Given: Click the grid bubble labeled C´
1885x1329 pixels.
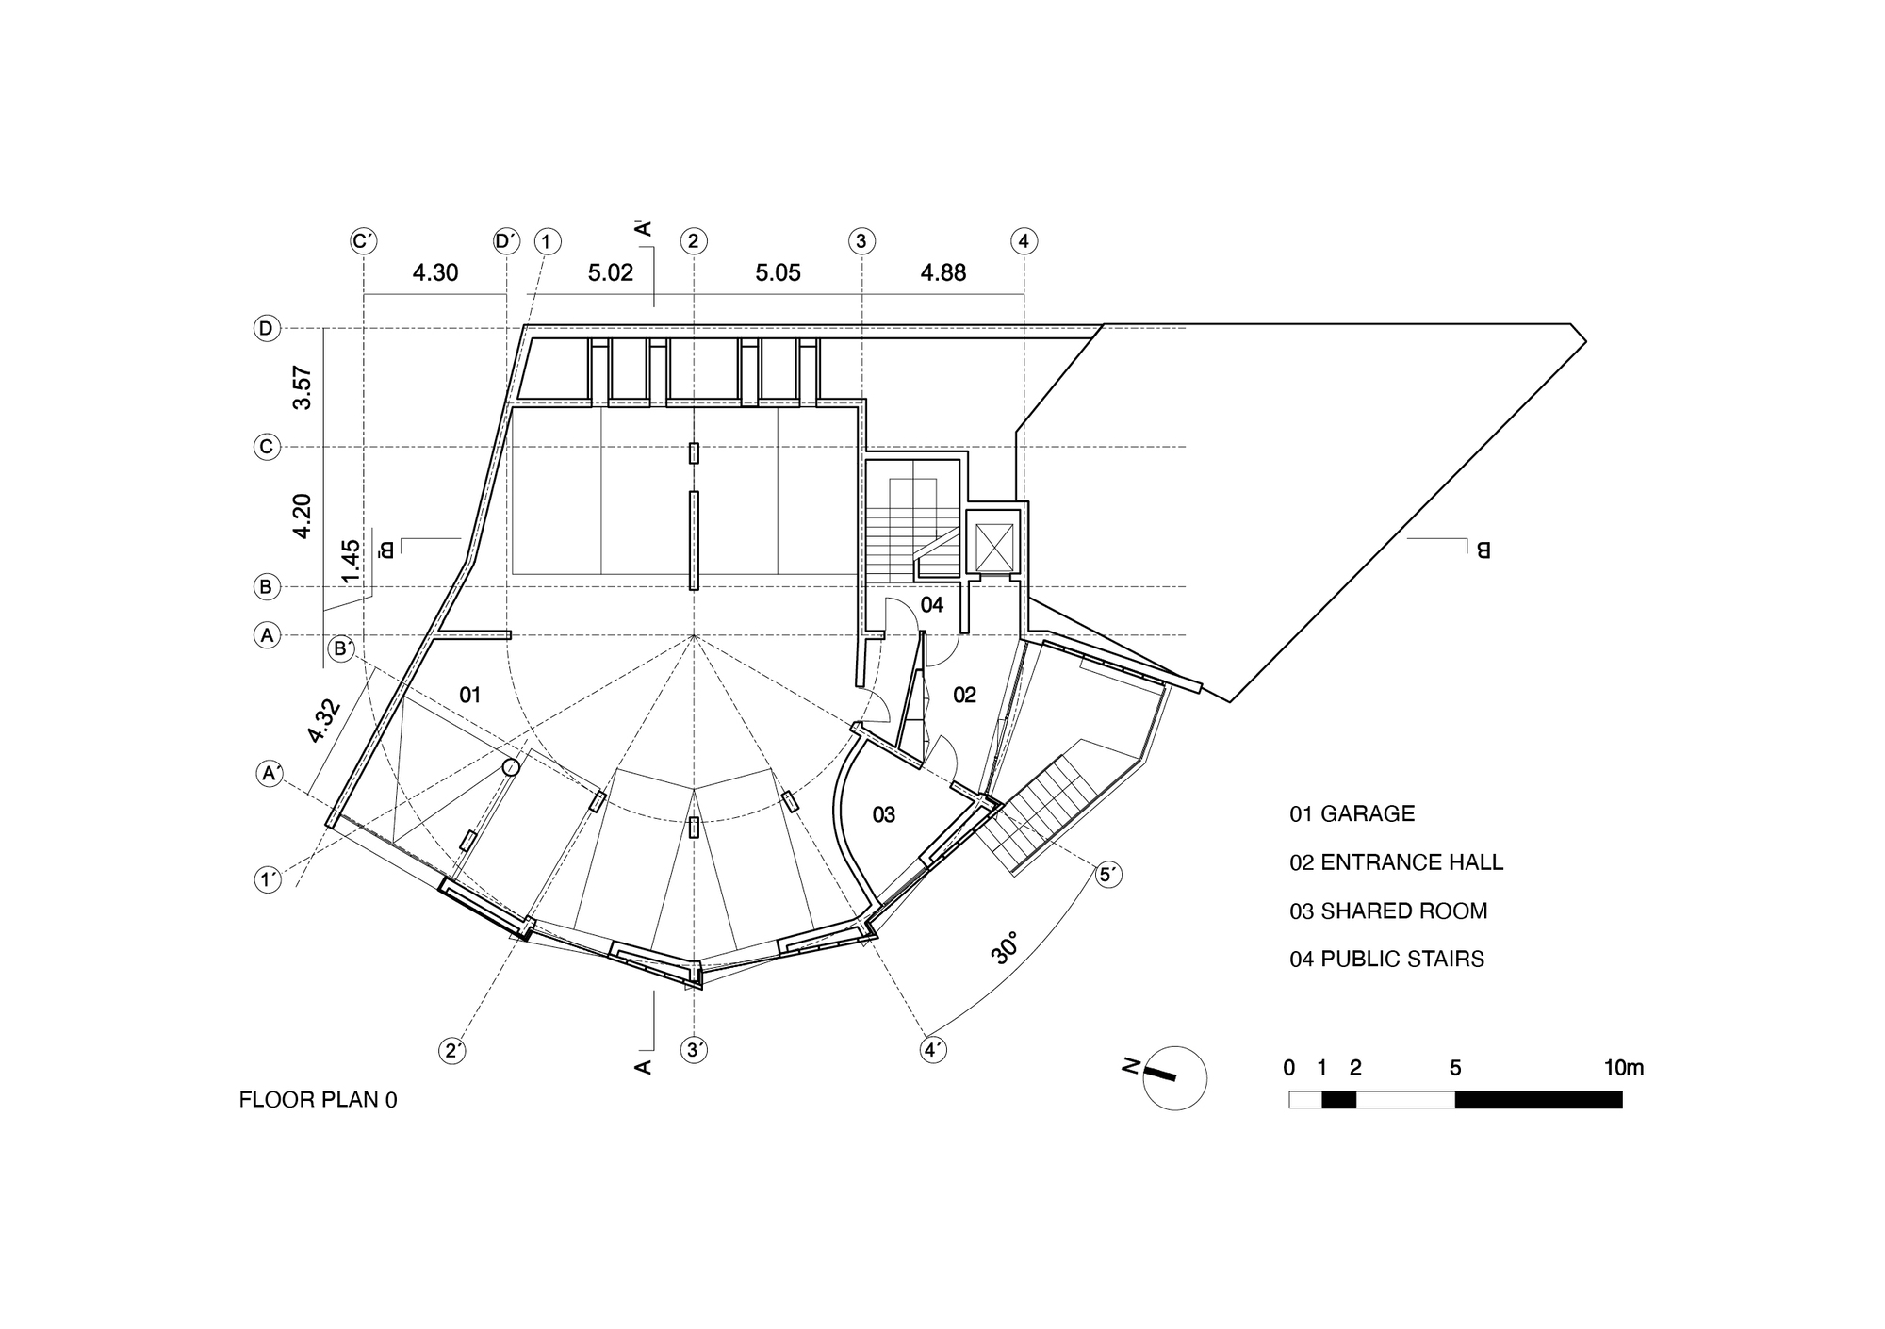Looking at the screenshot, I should [364, 241].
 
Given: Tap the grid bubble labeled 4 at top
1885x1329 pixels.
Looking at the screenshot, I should [1024, 241].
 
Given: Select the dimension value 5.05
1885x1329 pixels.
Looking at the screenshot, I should [778, 273].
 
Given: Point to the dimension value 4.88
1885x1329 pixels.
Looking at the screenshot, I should [943, 273].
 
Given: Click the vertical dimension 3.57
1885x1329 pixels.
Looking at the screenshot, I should [303, 387].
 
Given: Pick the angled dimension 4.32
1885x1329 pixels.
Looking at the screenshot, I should [323, 721].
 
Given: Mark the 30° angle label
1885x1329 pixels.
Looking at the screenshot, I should [1005, 948].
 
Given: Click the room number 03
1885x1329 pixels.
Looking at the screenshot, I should [883, 815].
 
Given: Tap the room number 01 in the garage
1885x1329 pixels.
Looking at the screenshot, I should [469, 696].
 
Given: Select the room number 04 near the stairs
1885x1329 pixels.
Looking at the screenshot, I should [931, 605].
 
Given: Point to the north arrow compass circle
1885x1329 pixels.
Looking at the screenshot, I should [1174, 1077].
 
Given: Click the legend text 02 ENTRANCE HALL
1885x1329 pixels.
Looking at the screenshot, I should [1396, 862].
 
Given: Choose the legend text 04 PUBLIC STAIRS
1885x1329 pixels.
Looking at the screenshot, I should [1386, 960].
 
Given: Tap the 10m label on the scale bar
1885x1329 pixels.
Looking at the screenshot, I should [1623, 1068].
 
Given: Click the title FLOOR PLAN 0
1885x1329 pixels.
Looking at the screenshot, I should [318, 1100].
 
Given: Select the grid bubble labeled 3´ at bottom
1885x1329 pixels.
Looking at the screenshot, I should [695, 1050].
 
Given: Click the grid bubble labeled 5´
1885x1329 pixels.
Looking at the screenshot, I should [1109, 875].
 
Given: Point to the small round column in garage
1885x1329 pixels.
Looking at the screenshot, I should [511, 767].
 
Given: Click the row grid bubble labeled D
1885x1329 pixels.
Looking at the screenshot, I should [267, 329].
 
